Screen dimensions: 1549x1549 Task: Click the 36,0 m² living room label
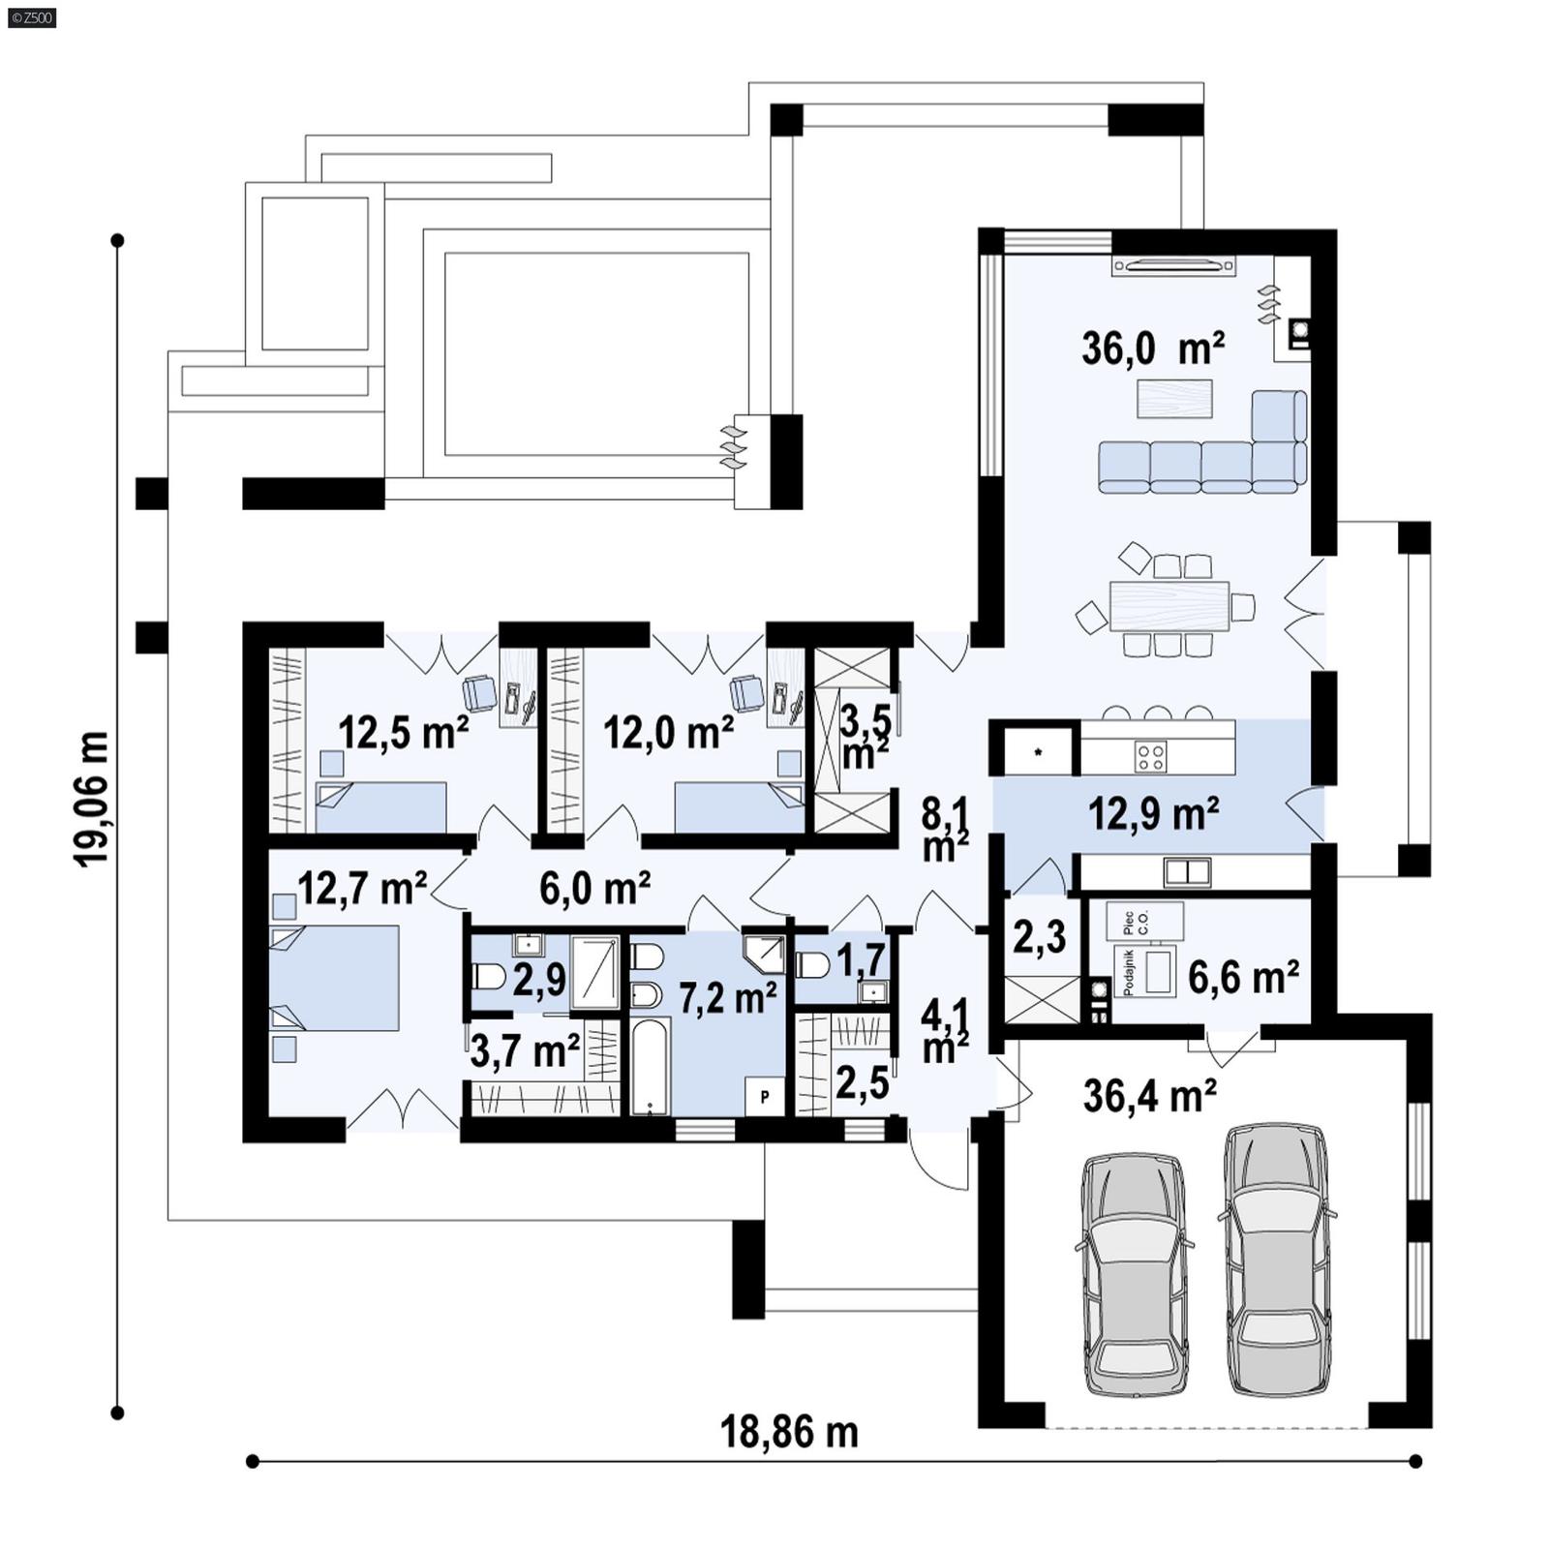(x=1153, y=349)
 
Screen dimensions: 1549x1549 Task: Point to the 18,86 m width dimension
(x=789, y=1432)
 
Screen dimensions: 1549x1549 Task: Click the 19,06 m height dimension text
(x=93, y=799)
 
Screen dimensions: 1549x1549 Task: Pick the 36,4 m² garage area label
(x=1149, y=1096)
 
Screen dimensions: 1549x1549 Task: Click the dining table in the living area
(x=1169, y=606)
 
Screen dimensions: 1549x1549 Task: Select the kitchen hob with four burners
(x=1150, y=755)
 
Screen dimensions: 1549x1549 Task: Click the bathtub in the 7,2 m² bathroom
(x=650, y=1065)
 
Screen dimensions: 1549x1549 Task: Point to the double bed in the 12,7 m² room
(x=335, y=978)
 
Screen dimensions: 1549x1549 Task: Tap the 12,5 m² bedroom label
(x=403, y=733)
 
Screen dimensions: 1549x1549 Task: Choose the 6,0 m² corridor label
(x=594, y=888)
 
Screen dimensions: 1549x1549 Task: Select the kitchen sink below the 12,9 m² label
(x=1187, y=872)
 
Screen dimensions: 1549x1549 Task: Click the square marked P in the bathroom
(x=765, y=1097)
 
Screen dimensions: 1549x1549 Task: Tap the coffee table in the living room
(x=1174, y=398)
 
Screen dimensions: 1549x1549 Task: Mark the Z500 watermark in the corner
(x=31, y=17)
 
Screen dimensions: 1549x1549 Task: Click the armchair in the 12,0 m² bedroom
(x=745, y=691)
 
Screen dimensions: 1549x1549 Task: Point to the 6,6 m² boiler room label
(x=1243, y=978)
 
